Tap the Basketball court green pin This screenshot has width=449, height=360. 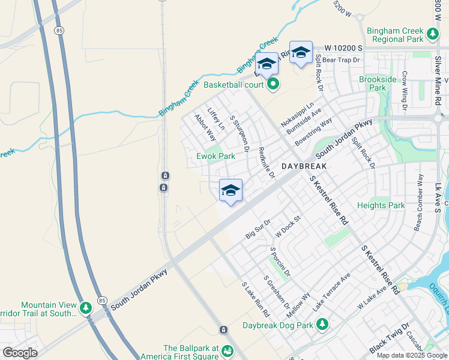point(273,84)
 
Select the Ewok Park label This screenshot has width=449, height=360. point(215,156)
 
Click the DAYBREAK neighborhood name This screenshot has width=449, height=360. point(304,166)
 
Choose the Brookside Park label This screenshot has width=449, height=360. point(378,83)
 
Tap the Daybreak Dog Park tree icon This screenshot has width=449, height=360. point(323,325)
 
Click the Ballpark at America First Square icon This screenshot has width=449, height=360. point(227,350)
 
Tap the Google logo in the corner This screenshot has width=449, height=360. point(20,353)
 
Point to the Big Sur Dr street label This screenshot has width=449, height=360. point(259,231)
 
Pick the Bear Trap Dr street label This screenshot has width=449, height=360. point(340,60)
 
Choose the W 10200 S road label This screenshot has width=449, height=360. point(345,47)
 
